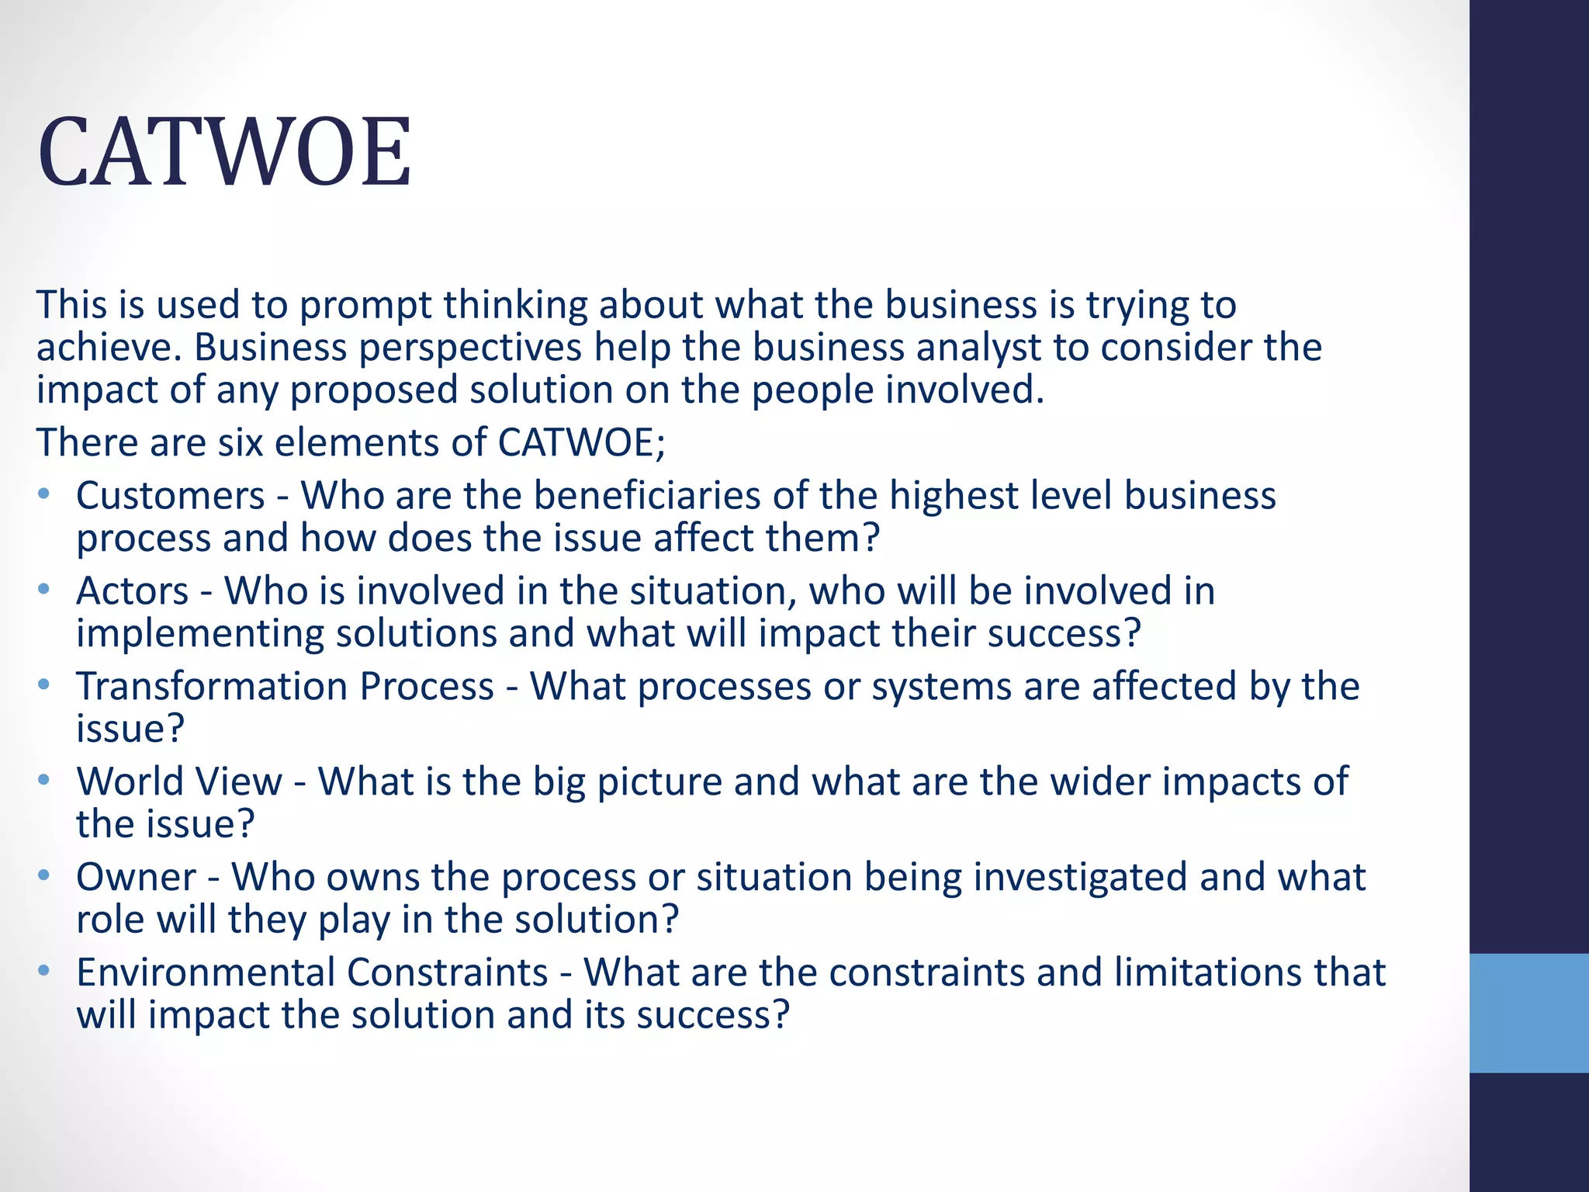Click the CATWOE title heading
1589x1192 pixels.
pyautogui.click(x=224, y=152)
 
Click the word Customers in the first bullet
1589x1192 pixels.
pyautogui.click(x=171, y=496)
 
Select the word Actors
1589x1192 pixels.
pyautogui.click(x=133, y=591)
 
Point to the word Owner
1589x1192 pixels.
pyautogui.click(x=137, y=878)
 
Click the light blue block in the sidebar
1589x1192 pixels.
pyautogui.click(x=1528, y=1013)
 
